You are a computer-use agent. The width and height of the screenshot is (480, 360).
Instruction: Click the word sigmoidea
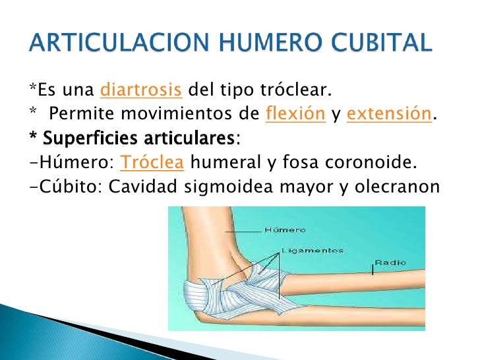pyautogui.click(x=236, y=187)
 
